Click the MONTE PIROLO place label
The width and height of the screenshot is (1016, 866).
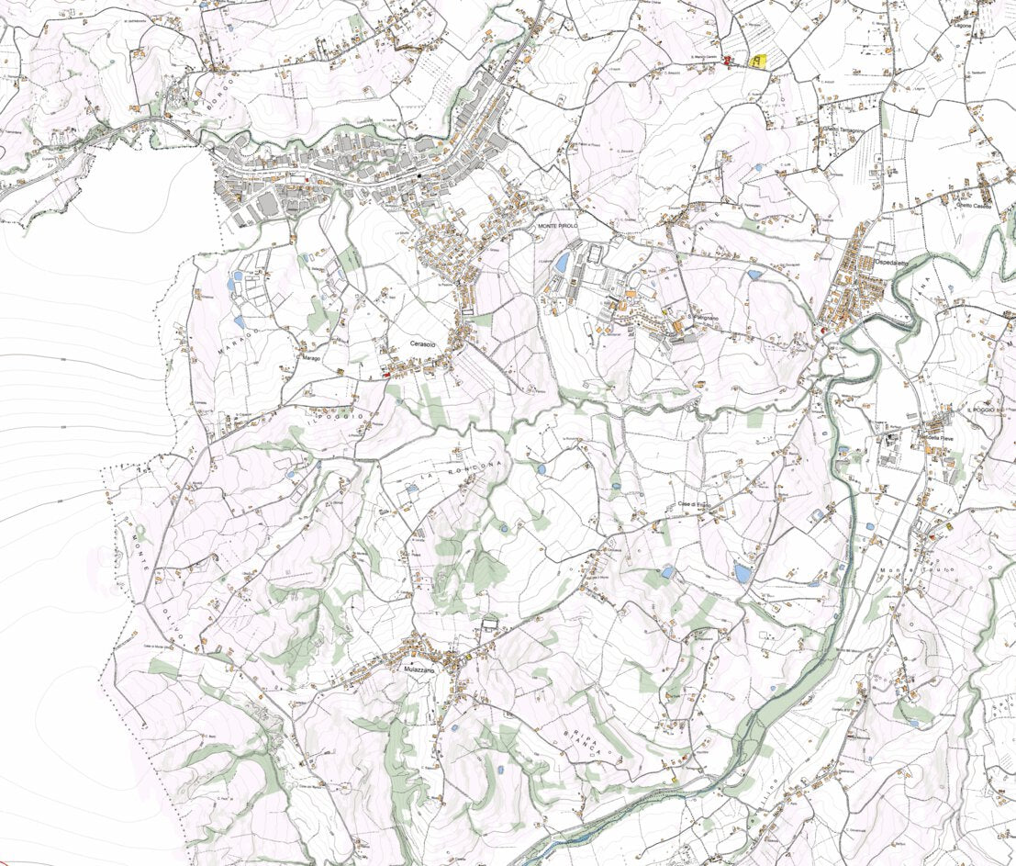556,225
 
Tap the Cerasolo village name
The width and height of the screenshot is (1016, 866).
424,343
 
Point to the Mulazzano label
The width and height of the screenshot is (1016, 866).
416,669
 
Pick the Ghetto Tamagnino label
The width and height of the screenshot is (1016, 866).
844,130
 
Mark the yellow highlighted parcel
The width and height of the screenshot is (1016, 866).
757,62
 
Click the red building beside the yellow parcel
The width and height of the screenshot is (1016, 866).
729,60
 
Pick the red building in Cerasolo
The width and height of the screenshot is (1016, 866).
385,374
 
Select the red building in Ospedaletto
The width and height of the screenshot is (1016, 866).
823,330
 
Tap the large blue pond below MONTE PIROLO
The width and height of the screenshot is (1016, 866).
562,263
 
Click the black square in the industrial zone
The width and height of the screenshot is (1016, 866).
419,174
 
